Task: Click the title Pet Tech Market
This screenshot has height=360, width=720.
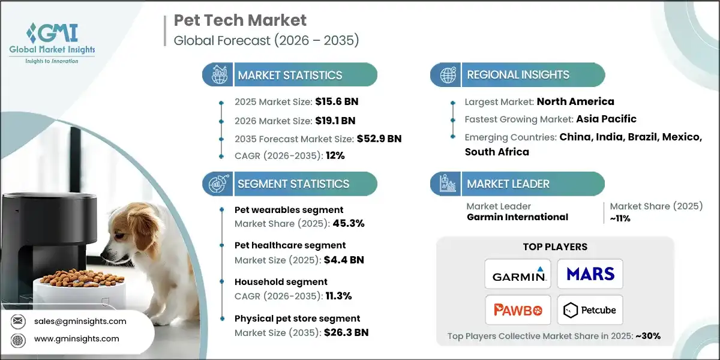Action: [x=240, y=20]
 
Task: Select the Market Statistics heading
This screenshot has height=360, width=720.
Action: [x=290, y=75]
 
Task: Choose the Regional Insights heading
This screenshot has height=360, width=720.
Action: [x=518, y=75]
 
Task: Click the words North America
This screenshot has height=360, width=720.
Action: [x=575, y=101]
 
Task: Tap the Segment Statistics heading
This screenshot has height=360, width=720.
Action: [x=293, y=184]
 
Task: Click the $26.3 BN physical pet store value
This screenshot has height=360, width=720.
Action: [x=341, y=332]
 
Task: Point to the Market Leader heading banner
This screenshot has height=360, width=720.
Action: [x=517, y=184]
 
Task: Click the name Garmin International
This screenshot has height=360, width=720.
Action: [x=517, y=217]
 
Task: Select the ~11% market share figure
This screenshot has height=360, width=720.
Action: [x=618, y=218]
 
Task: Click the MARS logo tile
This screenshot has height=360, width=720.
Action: [x=590, y=274]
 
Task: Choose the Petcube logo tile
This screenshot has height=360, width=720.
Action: [x=590, y=310]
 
